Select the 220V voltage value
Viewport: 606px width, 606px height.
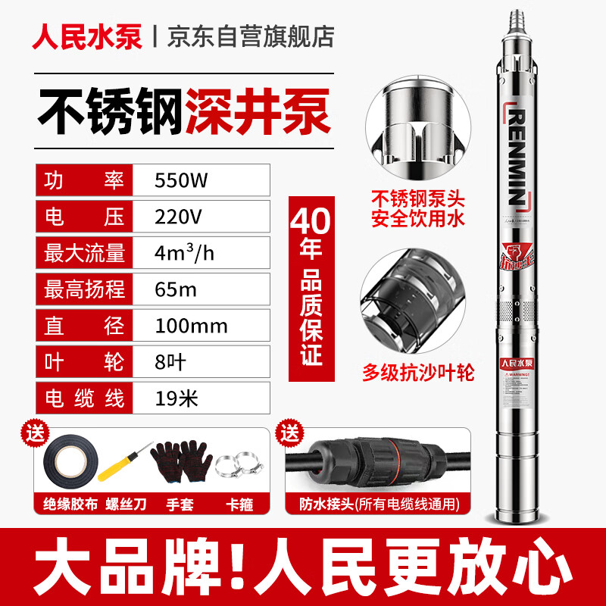click(x=179, y=217)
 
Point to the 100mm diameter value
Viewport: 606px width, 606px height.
click(x=191, y=325)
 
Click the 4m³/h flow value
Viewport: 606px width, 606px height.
click(x=184, y=253)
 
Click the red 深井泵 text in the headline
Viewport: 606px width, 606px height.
click(x=258, y=113)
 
